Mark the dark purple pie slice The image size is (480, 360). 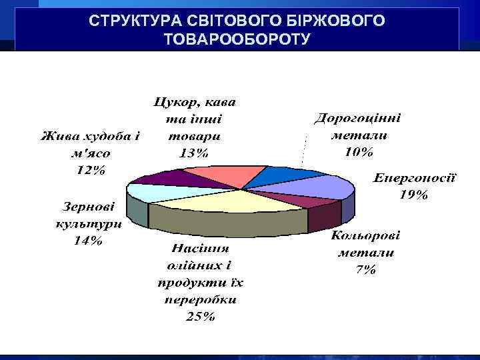(175, 179)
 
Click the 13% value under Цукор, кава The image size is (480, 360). (194, 152)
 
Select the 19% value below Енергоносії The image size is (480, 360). (413, 195)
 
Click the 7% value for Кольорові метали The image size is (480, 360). (366, 270)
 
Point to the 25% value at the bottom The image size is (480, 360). (200, 317)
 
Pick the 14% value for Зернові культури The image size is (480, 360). (88, 241)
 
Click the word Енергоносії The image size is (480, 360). (414, 179)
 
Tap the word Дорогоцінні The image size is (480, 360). (358, 118)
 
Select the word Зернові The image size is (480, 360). (87, 207)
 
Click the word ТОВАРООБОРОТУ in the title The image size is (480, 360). (237, 39)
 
